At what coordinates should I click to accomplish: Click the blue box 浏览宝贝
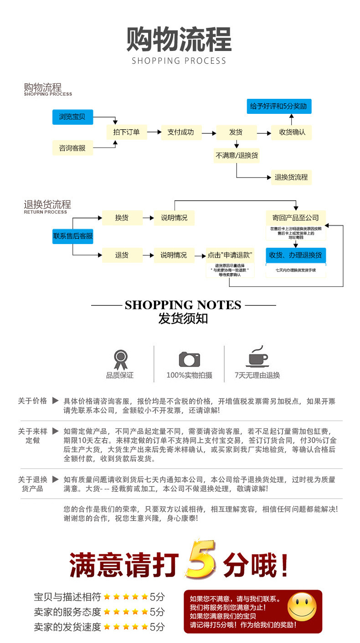(x=72, y=117)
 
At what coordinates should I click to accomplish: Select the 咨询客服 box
(x=72, y=148)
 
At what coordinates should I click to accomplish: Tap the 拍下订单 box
(x=126, y=133)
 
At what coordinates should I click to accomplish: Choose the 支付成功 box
(x=180, y=133)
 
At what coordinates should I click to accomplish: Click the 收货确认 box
(x=292, y=133)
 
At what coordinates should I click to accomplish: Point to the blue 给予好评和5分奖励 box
(x=279, y=107)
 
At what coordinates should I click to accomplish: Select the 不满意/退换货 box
(x=237, y=155)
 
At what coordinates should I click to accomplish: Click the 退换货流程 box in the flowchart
(x=291, y=177)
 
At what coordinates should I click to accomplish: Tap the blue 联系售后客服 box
(x=73, y=236)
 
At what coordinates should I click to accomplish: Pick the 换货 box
(x=122, y=218)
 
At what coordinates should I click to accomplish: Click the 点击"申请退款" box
(x=230, y=255)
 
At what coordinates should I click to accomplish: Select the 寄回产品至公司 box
(x=296, y=218)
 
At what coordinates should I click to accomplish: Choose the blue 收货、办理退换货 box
(x=296, y=255)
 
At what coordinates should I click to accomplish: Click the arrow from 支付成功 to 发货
(x=209, y=133)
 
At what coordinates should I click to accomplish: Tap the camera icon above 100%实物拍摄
(x=189, y=359)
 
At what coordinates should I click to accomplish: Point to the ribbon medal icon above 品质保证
(x=120, y=359)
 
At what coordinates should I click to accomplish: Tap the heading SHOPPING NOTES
(x=183, y=305)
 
